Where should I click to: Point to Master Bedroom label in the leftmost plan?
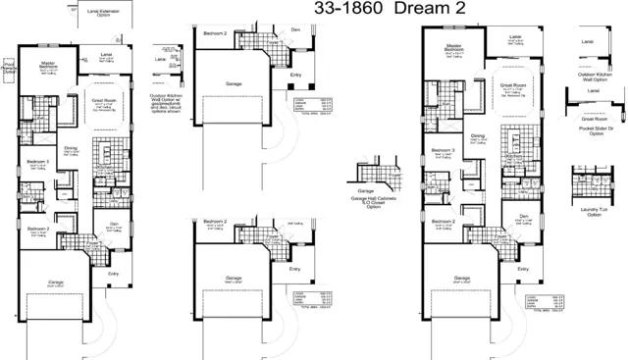[47, 65]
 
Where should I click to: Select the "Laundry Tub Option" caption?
[590, 212]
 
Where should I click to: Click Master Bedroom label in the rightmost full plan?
[452, 46]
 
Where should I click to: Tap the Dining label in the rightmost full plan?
[477, 135]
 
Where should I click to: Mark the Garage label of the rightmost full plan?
[461, 278]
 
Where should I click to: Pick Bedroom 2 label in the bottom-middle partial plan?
[216, 223]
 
